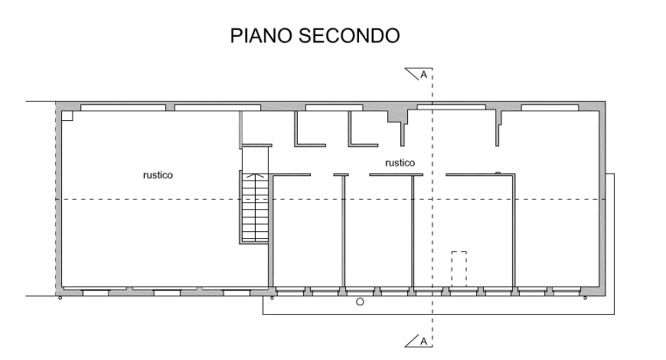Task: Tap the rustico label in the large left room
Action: pyautogui.click(x=158, y=175)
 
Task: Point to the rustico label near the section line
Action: pyautogui.click(x=400, y=162)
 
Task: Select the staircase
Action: pyautogui.click(x=253, y=208)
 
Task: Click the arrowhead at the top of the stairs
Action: pyautogui.click(x=256, y=176)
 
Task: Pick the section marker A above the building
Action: pyautogui.click(x=420, y=74)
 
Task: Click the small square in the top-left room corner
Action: pyautogui.click(x=67, y=116)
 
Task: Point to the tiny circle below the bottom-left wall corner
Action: pyautogui.click(x=60, y=299)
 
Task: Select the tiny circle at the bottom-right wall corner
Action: pyautogui.click(x=602, y=298)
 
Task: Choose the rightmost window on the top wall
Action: pyautogui.click(x=549, y=107)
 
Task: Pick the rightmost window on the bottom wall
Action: pyautogui.click(x=565, y=292)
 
